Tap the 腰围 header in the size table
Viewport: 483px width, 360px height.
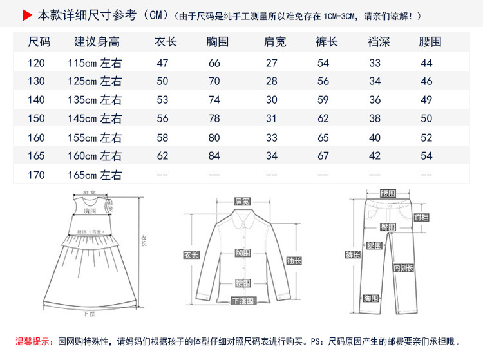(x=430, y=43)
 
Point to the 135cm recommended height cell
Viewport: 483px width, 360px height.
(x=95, y=100)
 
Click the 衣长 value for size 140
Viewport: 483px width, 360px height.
(x=162, y=100)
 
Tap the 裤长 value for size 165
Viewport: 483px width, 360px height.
(x=323, y=156)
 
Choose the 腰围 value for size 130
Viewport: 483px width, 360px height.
(x=426, y=82)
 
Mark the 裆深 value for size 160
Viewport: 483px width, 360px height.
(x=375, y=138)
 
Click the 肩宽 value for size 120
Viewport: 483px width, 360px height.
(x=272, y=63)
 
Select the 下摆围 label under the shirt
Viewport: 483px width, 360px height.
(x=243, y=301)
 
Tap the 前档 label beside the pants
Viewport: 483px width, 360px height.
(x=421, y=217)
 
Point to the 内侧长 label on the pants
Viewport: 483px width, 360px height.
(x=404, y=268)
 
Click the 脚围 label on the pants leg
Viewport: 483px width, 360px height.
(x=370, y=298)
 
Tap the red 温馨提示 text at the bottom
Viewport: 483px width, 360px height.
(x=36, y=341)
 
